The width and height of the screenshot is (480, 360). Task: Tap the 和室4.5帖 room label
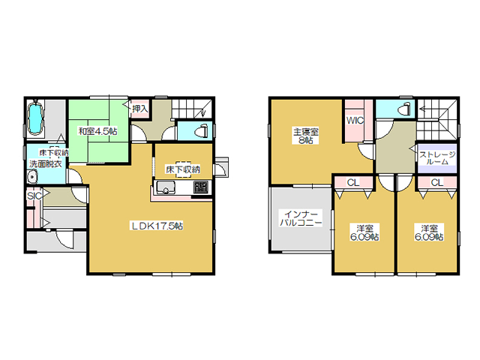click(97, 132)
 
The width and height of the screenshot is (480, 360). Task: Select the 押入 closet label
click(140, 109)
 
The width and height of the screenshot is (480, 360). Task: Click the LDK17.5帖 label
click(157, 226)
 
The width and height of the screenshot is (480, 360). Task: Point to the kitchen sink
click(166, 187)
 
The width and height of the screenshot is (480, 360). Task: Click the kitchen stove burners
click(200, 187)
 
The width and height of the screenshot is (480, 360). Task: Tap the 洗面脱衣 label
click(46, 163)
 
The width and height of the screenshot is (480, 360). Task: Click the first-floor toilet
click(202, 131)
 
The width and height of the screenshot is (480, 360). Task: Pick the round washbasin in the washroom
click(31, 178)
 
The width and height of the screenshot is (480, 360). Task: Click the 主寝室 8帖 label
click(306, 136)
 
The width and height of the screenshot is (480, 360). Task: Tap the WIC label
click(355, 121)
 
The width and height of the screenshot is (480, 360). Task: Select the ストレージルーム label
click(436, 158)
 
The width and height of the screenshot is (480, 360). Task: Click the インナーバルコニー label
click(301, 218)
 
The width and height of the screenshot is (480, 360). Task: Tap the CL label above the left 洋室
click(353, 183)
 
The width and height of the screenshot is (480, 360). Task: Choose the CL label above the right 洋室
click(436, 183)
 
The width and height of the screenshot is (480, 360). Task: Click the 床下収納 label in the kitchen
click(183, 169)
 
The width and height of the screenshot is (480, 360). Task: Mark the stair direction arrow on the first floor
click(204, 112)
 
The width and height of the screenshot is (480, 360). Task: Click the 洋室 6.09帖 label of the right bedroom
click(429, 232)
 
